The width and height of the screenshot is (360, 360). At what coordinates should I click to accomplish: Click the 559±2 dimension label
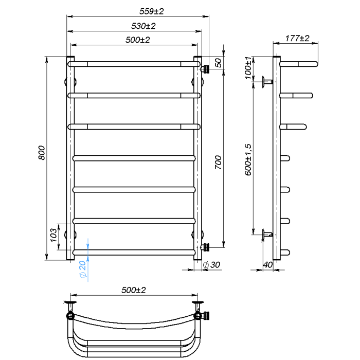[152, 11]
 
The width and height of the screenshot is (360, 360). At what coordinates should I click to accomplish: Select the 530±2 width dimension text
[143, 26]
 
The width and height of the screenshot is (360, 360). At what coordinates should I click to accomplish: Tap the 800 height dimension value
[42, 153]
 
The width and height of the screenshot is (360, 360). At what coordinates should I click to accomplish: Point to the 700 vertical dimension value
[219, 163]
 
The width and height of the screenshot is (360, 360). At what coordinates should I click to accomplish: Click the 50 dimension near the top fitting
[219, 63]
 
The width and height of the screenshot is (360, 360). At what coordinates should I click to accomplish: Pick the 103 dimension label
[53, 235]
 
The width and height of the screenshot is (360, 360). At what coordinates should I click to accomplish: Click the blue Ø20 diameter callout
[83, 269]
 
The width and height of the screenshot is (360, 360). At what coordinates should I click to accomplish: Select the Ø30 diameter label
[211, 265]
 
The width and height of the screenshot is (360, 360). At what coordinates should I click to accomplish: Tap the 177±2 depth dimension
[297, 38]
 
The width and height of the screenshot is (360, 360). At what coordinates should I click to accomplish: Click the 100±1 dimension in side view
[248, 68]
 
